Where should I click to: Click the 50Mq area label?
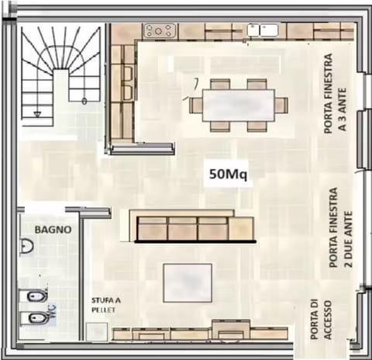pyautogui.click(x=228, y=175)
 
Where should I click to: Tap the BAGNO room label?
pyautogui.click(x=53, y=230)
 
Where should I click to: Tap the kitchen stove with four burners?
pyautogui.click(x=160, y=31)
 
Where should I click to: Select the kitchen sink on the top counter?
pyautogui.click(x=263, y=31)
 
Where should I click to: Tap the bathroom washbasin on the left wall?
pyautogui.click(x=26, y=247)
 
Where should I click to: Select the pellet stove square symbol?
pyautogui.click(x=97, y=332)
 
